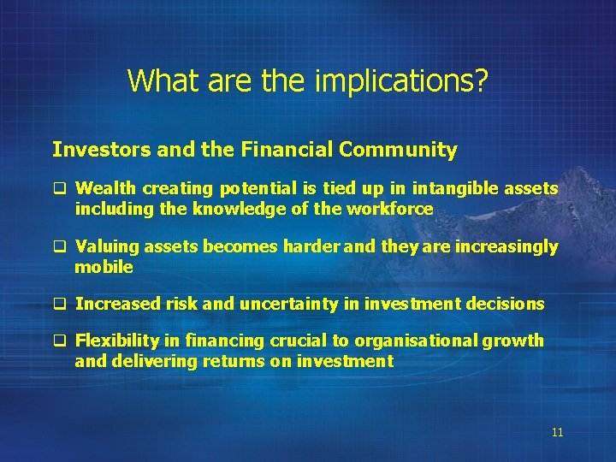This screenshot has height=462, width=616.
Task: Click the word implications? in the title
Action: click(402, 81)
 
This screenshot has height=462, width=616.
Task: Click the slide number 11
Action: click(557, 432)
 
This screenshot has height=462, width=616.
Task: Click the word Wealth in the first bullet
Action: click(102, 188)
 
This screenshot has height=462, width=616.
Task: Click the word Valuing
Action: click(105, 247)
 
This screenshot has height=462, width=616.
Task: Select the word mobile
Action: click(104, 267)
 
